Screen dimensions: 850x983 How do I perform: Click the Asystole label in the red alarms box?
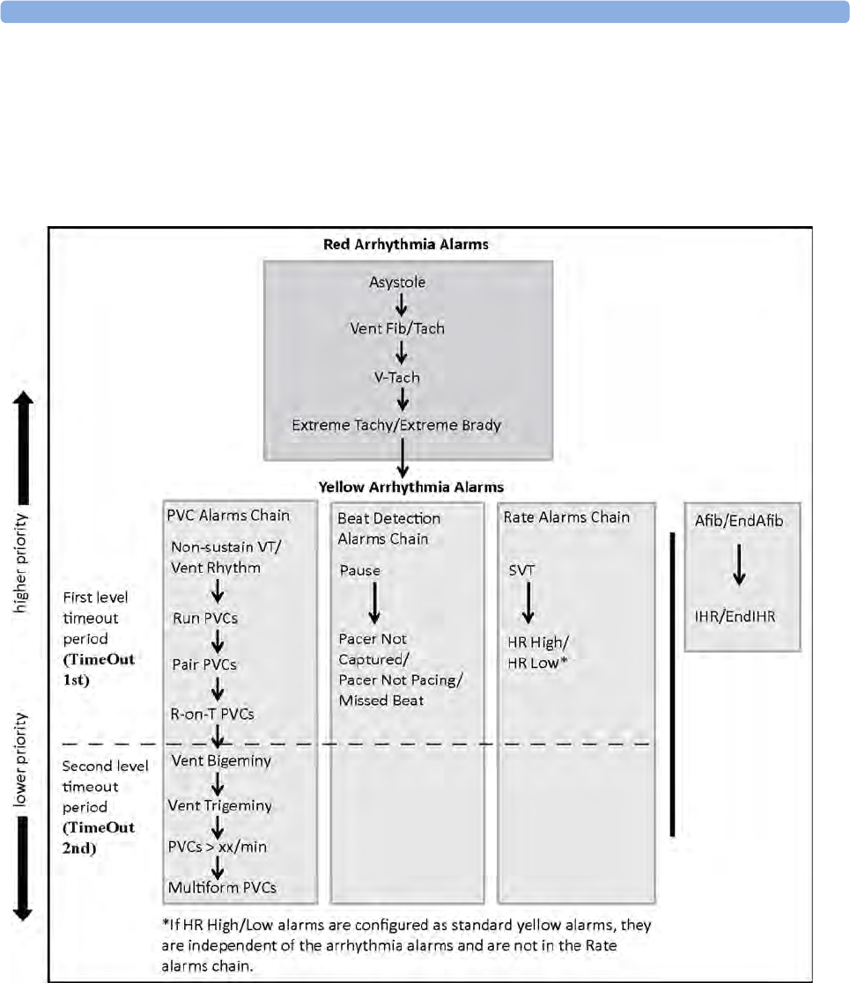coord(397,282)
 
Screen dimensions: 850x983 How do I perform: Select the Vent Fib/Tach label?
coord(397,328)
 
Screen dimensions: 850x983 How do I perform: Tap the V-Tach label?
coord(397,378)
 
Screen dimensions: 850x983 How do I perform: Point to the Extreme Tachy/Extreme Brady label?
coord(396,425)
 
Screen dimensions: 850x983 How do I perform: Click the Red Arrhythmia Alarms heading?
coord(406,245)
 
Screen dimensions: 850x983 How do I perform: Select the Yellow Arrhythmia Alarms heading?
coord(410,488)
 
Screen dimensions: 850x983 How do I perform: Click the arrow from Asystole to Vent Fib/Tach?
coord(402,305)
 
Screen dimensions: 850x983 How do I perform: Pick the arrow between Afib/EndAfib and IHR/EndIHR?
coord(739,564)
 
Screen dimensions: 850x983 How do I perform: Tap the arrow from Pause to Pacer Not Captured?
coord(374,603)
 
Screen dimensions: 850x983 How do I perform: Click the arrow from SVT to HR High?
coord(528,603)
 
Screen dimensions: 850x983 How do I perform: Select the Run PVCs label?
coord(205,618)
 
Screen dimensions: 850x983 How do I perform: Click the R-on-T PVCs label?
coord(212,714)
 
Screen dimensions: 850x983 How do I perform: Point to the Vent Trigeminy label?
coord(219,805)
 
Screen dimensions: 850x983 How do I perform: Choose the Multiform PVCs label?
coord(222,888)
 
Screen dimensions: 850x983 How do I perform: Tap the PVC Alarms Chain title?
coord(228,516)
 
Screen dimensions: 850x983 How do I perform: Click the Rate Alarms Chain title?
coord(566,517)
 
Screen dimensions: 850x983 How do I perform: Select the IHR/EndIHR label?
coord(735,616)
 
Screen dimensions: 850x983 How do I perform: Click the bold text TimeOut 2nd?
coord(98,838)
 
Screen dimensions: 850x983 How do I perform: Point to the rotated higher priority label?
coord(21,563)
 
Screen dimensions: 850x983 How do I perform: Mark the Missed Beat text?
coord(381,701)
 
